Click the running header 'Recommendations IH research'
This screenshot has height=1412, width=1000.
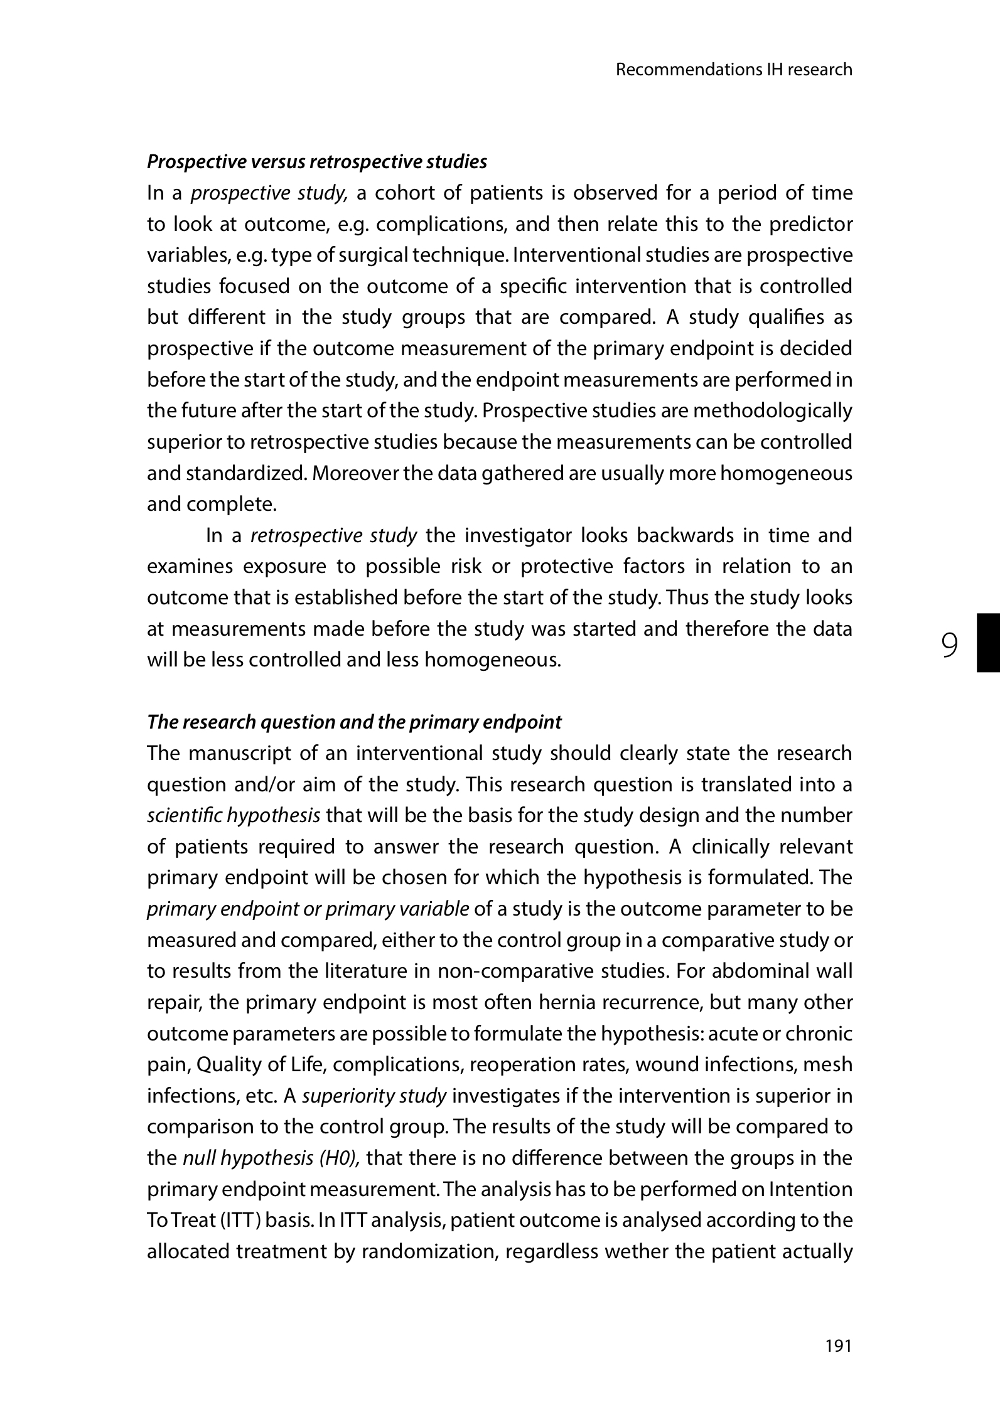click(734, 70)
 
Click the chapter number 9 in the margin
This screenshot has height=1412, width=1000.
click(950, 644)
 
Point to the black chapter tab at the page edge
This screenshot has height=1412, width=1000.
click(987, 643)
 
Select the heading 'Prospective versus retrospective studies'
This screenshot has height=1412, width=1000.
click(316, 162)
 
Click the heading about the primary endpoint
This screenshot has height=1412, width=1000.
click(354, 722)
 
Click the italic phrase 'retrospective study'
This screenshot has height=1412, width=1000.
click(333, 536)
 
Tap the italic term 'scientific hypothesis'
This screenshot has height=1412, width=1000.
click(234, 816)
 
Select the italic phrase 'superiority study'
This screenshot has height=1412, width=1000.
click(374, 1096)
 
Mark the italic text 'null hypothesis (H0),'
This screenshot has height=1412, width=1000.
click(271, 1158)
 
